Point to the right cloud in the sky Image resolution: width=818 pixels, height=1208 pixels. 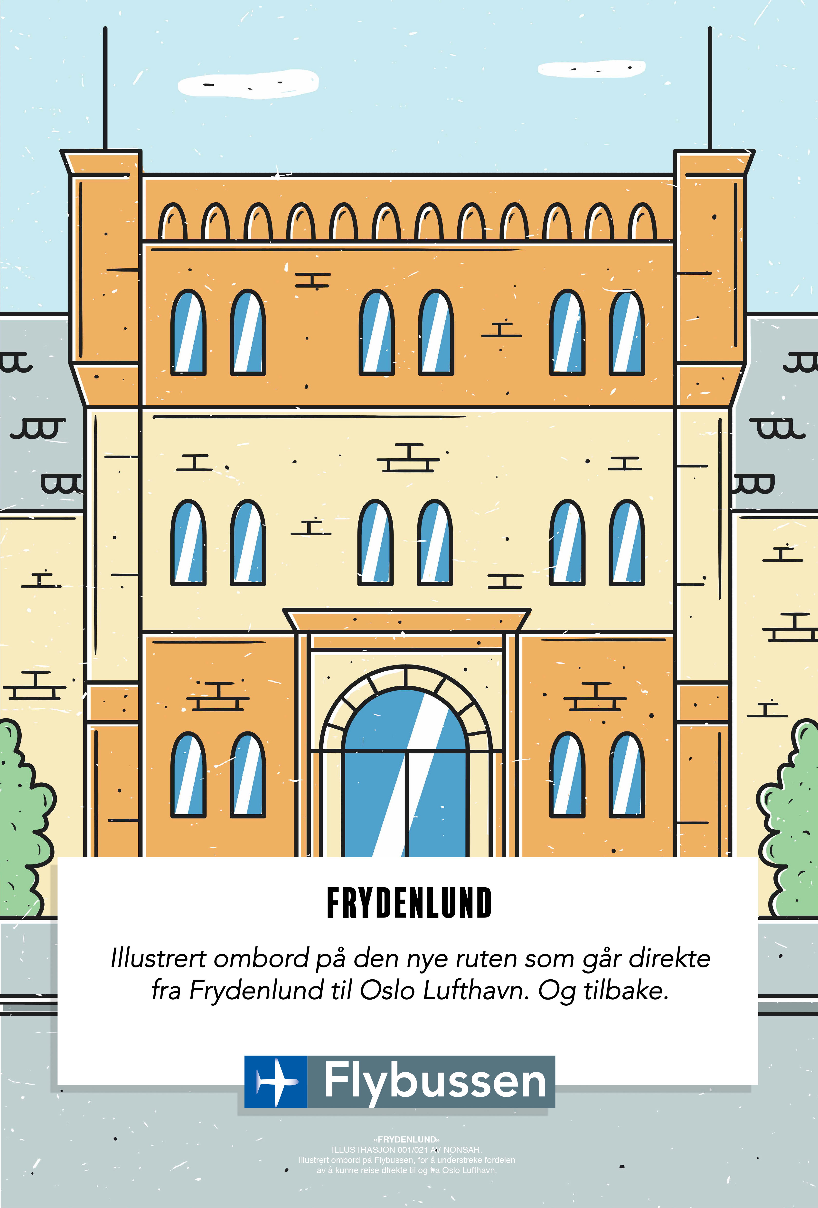592,68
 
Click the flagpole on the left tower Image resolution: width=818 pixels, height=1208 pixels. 105,88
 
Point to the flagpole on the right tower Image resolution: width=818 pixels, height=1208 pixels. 710,88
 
